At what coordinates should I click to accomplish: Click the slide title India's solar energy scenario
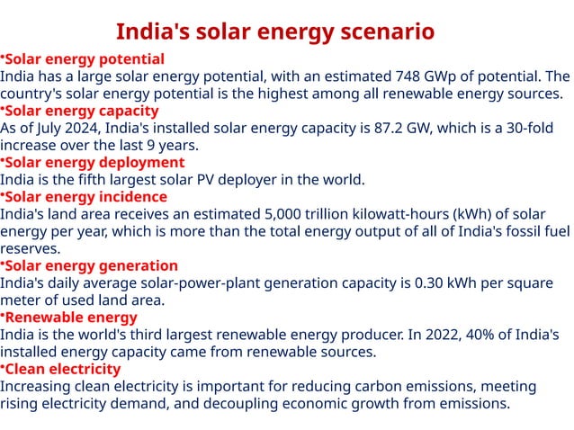point(275,32)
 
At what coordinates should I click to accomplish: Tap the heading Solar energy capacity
point(82,111)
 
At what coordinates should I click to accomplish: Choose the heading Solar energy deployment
point(94,163)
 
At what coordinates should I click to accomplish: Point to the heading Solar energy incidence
point(86,197)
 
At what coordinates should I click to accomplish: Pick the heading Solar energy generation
point(92,266)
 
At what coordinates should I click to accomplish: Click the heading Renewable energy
point(71,318)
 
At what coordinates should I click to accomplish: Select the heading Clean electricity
point(63,369)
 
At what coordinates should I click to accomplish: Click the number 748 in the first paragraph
point(410,76)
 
